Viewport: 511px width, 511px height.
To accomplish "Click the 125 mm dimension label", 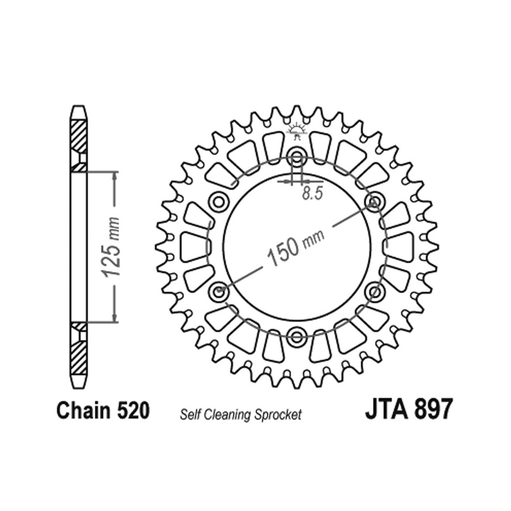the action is point(110,247).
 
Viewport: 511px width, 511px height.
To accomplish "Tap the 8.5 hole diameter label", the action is point(312,193).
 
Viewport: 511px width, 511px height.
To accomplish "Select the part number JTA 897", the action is point(409,410).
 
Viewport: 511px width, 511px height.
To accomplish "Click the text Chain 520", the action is point(103,410).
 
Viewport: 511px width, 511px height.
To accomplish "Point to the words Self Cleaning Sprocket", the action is point(241,415).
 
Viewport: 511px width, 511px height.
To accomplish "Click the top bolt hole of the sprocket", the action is point(296,158).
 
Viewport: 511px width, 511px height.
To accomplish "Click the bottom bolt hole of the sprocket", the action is point(296,336).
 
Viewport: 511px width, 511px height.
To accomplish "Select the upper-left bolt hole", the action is point(219,202).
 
